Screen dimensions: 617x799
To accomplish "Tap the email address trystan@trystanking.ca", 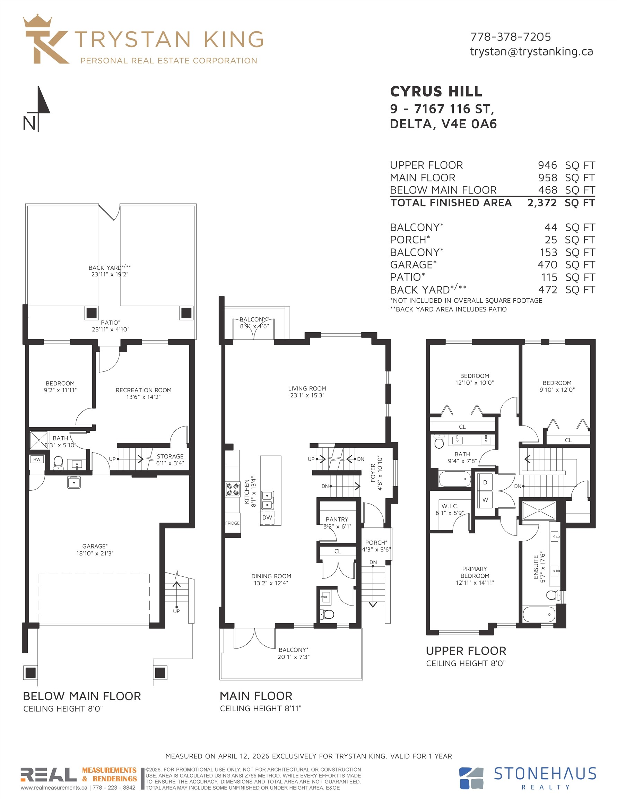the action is pos(531,52).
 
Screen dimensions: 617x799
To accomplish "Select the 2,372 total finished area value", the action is pos(542,203).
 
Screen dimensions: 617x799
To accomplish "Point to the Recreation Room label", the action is pos(144,390).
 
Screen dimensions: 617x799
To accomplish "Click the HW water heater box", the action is pos(37,459).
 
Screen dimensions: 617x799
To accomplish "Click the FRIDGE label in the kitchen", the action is pos(232,523).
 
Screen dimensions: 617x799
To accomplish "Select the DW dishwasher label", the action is pos(267,517).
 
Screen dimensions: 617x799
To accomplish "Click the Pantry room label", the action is pos(337,519).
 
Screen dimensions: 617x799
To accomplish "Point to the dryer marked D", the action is pos(485,482).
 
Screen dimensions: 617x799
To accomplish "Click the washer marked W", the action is pos(485,500).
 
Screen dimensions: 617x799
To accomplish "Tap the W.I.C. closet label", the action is pos(450,506).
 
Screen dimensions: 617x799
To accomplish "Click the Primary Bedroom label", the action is pos(475,572).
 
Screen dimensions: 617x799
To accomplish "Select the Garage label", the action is pos(95,546).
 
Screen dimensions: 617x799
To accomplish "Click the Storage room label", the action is pos(170,456).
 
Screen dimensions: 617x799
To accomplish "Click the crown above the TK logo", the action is pos(38,21).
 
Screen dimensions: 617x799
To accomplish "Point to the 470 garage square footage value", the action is pos(548,265).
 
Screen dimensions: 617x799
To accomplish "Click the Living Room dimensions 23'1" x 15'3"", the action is pos(307,395).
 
